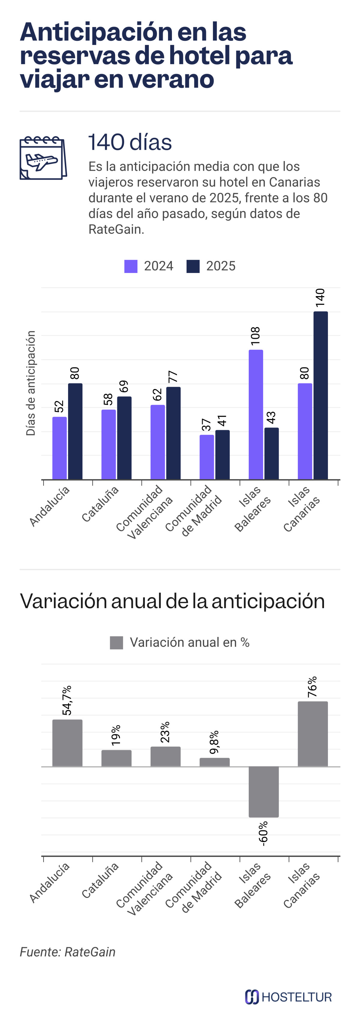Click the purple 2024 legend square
tap(130, 266)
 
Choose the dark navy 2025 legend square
tap(193, 266)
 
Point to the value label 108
tap(256, 336)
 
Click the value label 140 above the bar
tap(320, 298)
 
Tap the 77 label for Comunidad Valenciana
tap(173, 377)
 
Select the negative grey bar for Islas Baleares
tap(264, 792)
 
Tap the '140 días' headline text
tap(130, 142)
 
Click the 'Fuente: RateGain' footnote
tap(68, 952)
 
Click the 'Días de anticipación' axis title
tap(31, 383)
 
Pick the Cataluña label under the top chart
tap(100, 504)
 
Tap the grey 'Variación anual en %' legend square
tap(116, 642)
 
